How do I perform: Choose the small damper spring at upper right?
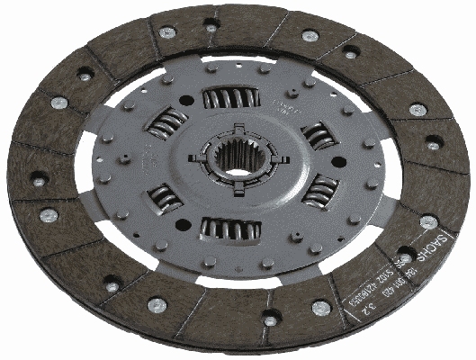click(318, 135)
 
